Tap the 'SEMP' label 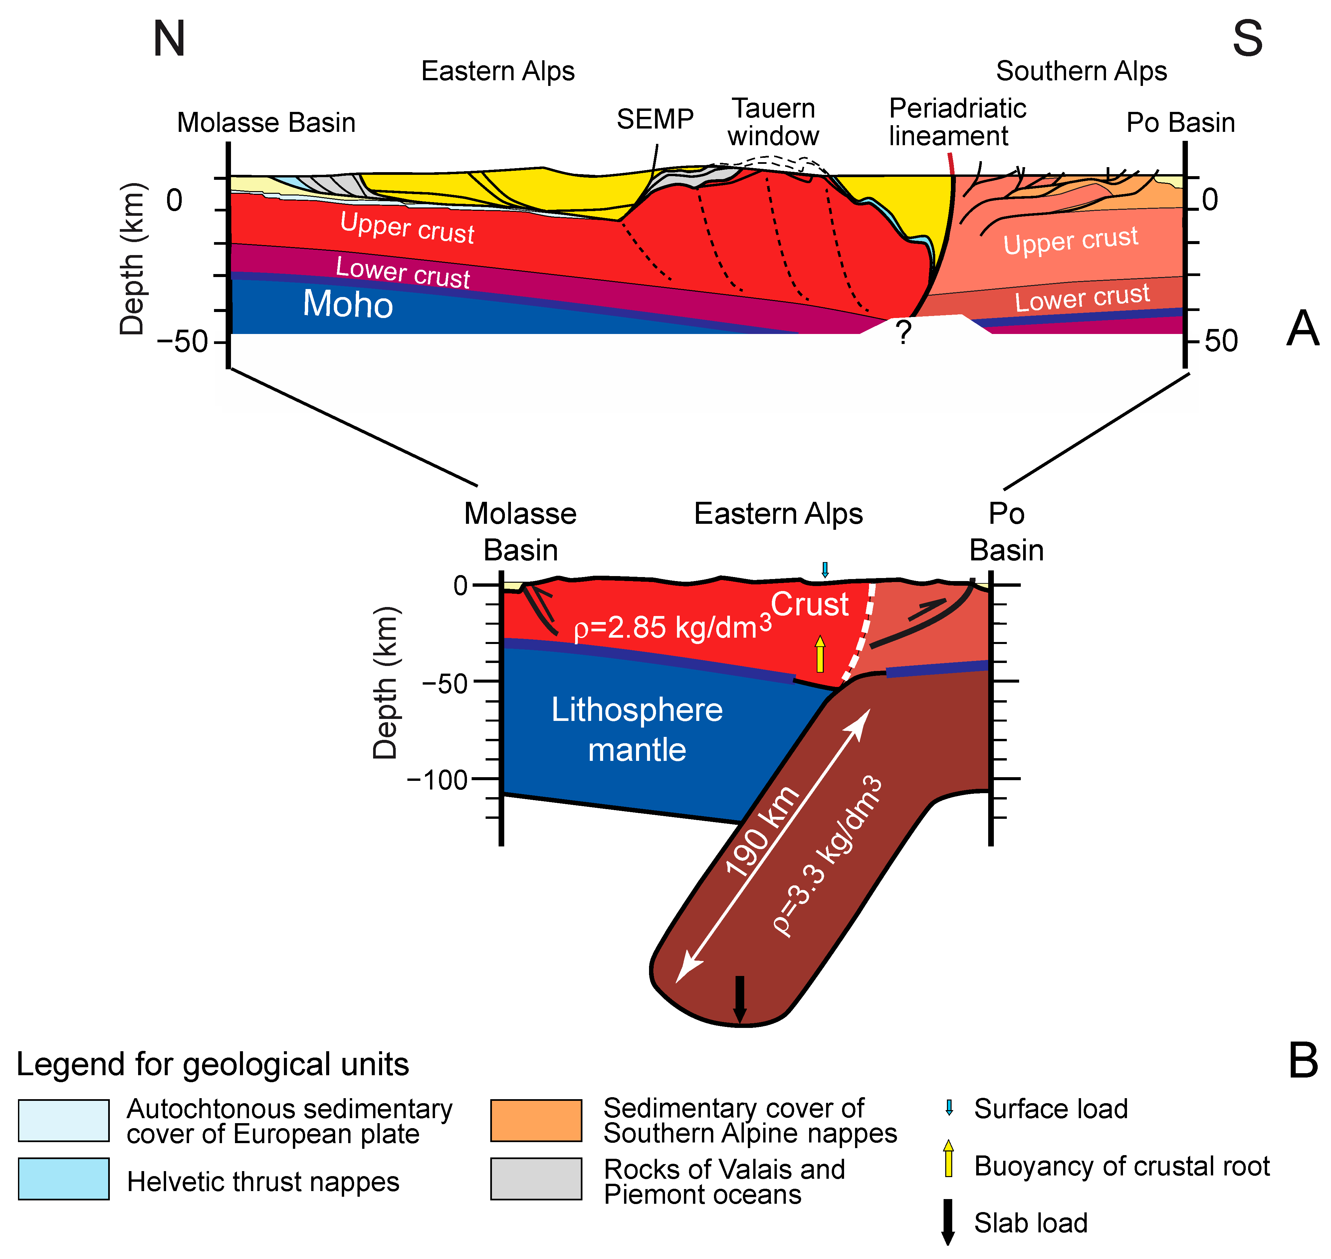655,120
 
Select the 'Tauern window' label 774,122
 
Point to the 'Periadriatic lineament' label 957,122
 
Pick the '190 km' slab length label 763,832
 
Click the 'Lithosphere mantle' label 637,730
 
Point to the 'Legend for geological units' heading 213,1065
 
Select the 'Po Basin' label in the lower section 1006,532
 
